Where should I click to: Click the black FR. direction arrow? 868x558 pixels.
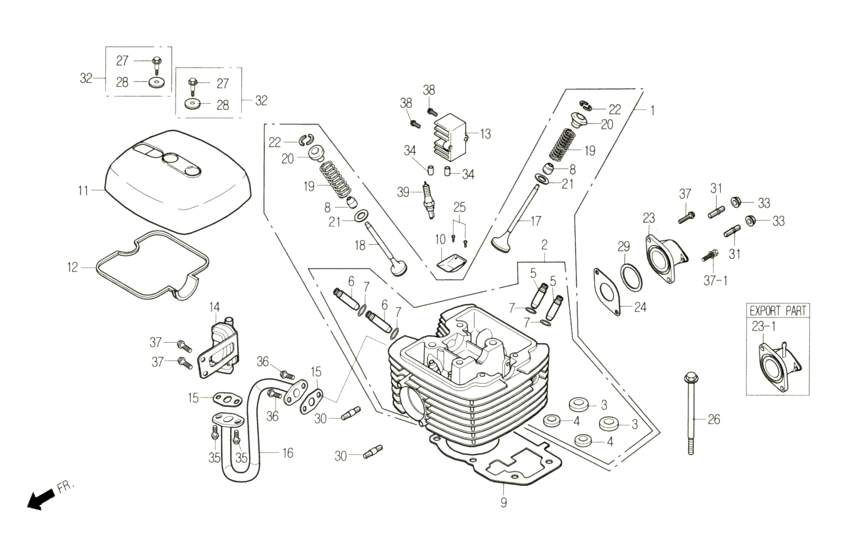pos(40,500)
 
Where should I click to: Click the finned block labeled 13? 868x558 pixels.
pos(449,138)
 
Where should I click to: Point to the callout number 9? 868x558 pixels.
pos(503,503)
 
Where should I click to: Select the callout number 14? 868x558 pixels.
pos(215,307)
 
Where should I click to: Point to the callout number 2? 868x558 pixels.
pos(544,245)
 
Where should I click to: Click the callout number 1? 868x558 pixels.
pos(653,110)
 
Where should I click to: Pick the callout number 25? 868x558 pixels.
pos(459,208)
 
